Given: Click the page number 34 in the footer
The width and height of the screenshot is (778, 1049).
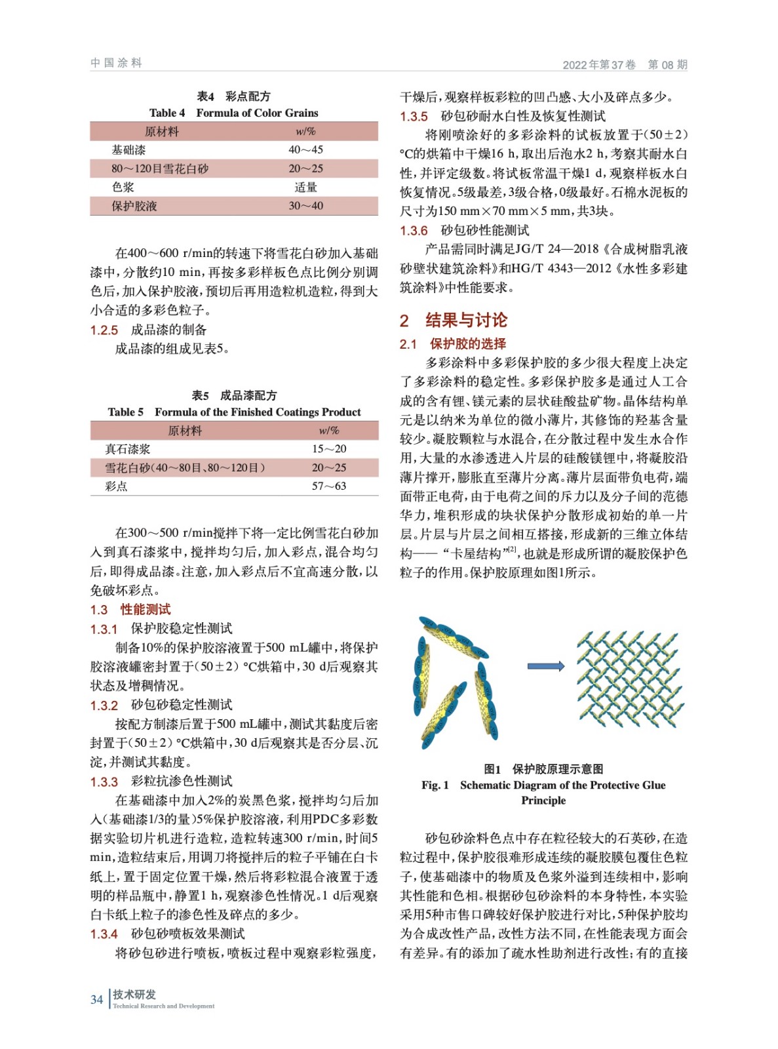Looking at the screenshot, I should coord(96,999).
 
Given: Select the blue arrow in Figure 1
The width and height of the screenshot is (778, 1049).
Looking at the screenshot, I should coord(545,666).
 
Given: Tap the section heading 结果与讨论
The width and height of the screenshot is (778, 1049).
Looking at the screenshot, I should coord(466,320).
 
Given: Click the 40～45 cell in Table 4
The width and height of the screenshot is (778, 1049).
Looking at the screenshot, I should coord(305,149).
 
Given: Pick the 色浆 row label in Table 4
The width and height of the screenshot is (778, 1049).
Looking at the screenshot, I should coord(123,188).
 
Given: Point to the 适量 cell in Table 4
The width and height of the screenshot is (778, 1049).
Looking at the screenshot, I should coord(305,188).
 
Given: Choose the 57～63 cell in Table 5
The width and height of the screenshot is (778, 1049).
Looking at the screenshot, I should coord(329,486).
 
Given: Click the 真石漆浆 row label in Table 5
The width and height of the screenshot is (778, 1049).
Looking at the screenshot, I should coord(128,449).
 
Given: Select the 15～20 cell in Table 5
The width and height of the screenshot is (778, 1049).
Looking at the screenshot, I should coord(329,449).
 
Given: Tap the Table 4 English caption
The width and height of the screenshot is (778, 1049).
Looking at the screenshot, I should coord(234,113).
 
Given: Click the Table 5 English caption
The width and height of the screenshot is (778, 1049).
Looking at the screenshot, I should coord(234,412).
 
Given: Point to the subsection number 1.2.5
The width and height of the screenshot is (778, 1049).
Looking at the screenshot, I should coord(104,330).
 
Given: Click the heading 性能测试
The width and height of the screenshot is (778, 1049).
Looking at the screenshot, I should coord(146,610).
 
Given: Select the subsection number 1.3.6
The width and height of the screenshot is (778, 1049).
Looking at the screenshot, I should coord(414,231).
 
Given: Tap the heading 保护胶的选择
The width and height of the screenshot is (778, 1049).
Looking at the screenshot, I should coord(468,344).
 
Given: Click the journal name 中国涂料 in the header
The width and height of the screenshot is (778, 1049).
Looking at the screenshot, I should coord(116,63).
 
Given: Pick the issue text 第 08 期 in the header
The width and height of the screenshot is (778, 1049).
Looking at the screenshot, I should coord(667,65).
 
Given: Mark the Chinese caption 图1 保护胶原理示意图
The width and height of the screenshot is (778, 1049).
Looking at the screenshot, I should coord(543,769).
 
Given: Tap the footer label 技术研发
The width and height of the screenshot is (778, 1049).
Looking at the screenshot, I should coord(134,995).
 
